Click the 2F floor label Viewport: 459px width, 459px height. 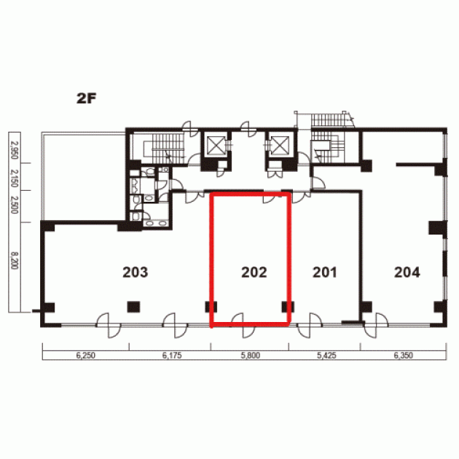87,98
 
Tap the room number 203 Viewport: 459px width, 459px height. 136,272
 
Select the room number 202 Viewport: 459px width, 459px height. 254,272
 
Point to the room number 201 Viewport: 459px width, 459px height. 325,272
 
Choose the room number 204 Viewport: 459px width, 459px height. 407,272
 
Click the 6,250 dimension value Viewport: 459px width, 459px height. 86,356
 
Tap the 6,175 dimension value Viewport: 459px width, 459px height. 172,356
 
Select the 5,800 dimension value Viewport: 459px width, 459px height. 251,356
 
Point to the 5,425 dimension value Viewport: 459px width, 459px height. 326,356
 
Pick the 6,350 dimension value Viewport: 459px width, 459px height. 404,356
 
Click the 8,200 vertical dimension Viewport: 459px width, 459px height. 15,260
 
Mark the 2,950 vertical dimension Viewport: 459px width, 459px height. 15,150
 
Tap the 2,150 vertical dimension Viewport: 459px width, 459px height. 15,178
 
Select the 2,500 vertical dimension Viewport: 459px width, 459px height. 15,205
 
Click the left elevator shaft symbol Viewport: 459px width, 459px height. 216,145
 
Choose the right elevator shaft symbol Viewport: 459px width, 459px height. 280,145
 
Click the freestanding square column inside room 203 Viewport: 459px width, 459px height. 133,307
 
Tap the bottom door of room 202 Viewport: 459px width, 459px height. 243,325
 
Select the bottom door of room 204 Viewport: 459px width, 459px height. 376,326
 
